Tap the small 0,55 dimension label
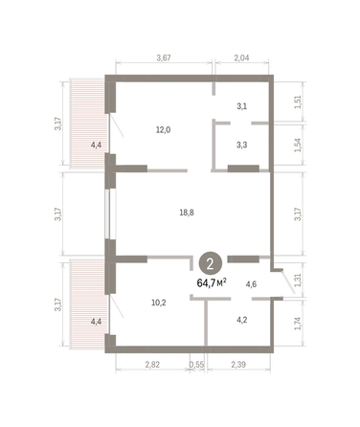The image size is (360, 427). coord(196,365)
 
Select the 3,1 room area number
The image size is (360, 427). coord(242,106)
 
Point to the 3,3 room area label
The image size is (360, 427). coord(242,146)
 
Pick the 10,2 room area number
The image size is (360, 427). coord(158,302)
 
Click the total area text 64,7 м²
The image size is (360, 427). coord(212,283)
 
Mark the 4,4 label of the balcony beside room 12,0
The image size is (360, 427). coord(95,146)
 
